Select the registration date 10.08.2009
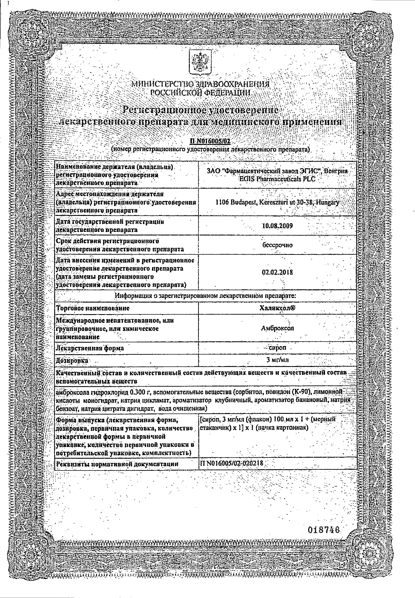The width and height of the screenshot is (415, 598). (x=277, y=226)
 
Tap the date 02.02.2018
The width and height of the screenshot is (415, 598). (x=277, y=272)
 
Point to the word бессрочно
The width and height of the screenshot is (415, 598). (x=277, y=245)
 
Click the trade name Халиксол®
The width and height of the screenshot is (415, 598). (x=277, y=308)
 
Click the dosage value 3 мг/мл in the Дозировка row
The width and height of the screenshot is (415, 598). (x=277, y=360)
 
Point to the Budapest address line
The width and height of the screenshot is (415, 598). (x=277, y=202)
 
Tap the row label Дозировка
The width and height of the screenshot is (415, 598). (x=72, y=360)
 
